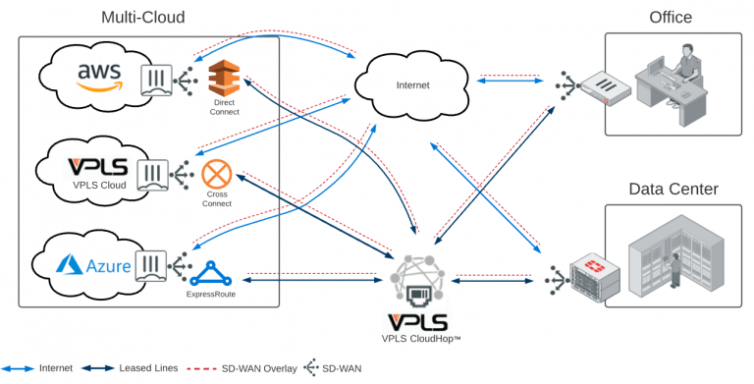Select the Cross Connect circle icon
click(x=216, y=176)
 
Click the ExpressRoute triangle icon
click(x=211, y=271)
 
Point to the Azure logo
click(x=92, y=263)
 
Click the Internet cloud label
click(x=412, y=84)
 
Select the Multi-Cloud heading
click(x=142, y=18)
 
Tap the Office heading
click(x=670, y=17)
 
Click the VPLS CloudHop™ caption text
click(x=421, y=339)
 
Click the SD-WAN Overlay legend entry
click(x=258, y=368)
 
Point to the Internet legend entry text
click(x=55, y=368)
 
